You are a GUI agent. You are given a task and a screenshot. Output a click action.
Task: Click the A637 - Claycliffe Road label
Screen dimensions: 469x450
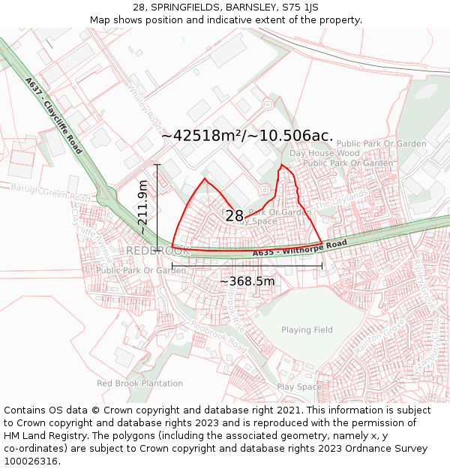click(53, 116)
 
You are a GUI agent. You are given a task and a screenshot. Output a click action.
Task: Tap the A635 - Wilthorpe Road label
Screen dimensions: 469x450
click(299, 248)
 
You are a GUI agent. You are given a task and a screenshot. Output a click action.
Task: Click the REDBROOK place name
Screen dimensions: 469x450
click(157, 250)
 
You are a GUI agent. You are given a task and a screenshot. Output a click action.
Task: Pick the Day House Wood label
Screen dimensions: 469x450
click(325, 153)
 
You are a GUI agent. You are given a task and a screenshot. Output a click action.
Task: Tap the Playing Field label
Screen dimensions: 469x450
click(307, 330)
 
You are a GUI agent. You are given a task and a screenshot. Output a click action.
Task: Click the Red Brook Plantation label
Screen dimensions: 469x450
click(139, 383)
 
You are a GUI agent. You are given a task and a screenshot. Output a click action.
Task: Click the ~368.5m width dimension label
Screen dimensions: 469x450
click(247, 281)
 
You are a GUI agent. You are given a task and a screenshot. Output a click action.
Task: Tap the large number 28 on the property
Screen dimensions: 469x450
click(234, 216)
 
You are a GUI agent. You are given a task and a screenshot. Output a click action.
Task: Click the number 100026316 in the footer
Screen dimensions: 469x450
click(31, 461)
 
